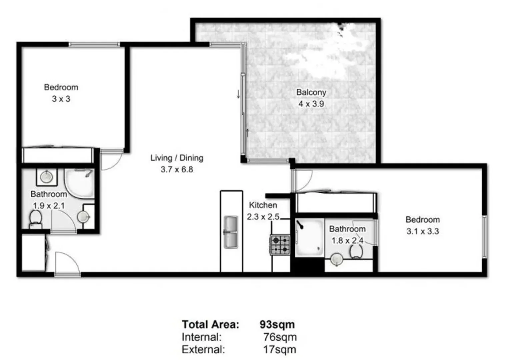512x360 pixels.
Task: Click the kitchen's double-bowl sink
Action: coord(231,232)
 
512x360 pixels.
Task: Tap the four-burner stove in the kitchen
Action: coord(280,245)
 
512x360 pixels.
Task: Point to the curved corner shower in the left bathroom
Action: coord(79,183)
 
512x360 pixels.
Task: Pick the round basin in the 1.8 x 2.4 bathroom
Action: coord(337,259)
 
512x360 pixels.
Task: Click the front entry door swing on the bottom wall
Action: coord(67,263)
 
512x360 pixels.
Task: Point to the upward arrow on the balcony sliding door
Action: coord(247,133)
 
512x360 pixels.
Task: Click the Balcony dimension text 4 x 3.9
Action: coord(311,104)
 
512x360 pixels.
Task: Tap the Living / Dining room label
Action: coord(177,158)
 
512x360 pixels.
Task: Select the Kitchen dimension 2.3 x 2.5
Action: coord(263,217)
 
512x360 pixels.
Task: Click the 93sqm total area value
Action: coord(277,324)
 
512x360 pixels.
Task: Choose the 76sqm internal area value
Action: coord(280,337)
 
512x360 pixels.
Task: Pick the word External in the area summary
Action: coord(203,350)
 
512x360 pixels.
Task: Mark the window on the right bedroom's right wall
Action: coord(485,237)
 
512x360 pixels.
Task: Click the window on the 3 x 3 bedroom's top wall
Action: coord(94,44)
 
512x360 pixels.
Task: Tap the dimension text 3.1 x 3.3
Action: coord(422,231)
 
